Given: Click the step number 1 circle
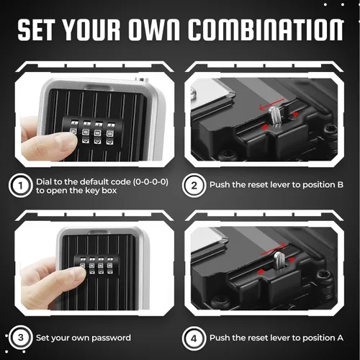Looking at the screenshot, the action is click(x=20, y=185).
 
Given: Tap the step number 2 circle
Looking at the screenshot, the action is click(x=194, y=185).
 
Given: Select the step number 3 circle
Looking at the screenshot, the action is click(x=20, y=338).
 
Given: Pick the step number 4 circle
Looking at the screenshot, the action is click(x=194, y=338).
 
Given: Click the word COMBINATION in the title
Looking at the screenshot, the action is click(x=266, y=30).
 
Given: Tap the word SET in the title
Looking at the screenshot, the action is click(x=35, y=30).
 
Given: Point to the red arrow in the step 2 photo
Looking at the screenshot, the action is click(x=271, y=104).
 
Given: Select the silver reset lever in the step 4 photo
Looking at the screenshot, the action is click(x=279, y=260).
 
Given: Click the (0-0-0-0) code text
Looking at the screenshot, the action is click(x=150, y=181).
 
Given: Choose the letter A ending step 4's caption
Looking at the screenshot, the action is click(x=340, y=338).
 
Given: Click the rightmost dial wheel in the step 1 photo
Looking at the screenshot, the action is click(x=111, y=134).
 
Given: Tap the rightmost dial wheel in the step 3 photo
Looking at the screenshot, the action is click(x=109, y=266).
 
